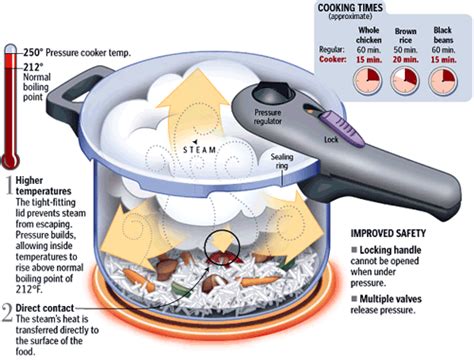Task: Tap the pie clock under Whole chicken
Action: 367,79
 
